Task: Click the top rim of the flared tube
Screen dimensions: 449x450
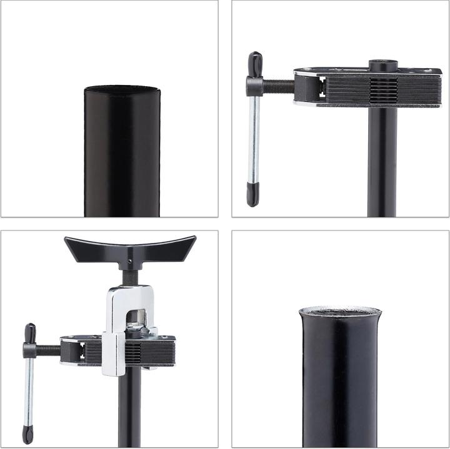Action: coord(340,310)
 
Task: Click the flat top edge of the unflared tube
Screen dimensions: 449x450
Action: coord(122,89)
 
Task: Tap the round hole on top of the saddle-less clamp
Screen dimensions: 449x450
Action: coord(379,64)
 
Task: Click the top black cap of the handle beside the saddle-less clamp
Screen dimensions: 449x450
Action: coord(254,63)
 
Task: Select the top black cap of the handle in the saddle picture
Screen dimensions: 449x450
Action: coord(29,333)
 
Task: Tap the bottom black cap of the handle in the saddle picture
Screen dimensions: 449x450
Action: coord(27,434)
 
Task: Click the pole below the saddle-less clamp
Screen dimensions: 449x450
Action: coord(382,162)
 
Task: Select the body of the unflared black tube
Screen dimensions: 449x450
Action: coord(122,156)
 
